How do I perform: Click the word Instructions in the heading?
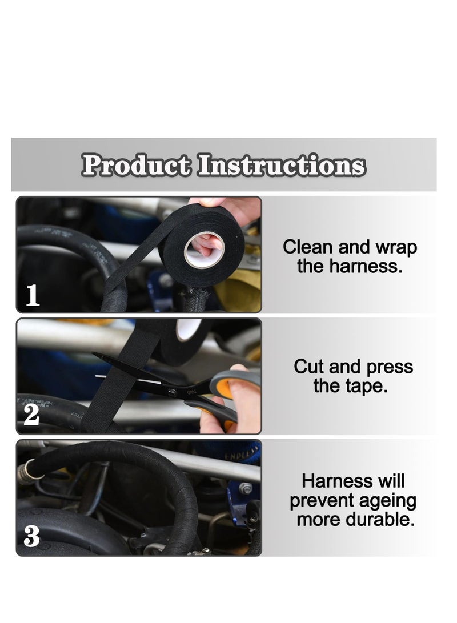(281, 166)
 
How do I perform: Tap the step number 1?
(33, 296)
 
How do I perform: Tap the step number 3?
(32, 537)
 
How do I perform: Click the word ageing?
(388, 501)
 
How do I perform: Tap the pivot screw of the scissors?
(172, 391)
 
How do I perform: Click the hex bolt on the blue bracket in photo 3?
(245, 488)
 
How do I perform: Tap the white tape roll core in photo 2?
(188, 328)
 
